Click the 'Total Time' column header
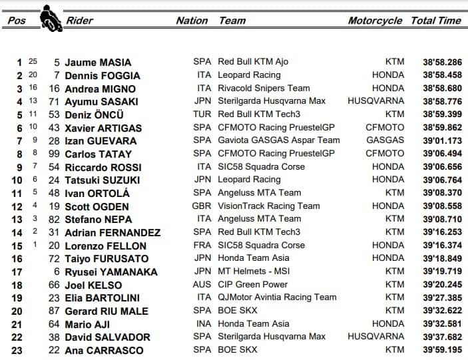coord(436,21)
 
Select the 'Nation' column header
coord(192,21)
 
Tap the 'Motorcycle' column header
coord(375,21)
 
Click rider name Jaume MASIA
coord(98,63)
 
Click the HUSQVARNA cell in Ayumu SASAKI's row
coord(375,102)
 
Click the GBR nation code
coord(202,206)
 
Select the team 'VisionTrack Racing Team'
coord(269,206)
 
